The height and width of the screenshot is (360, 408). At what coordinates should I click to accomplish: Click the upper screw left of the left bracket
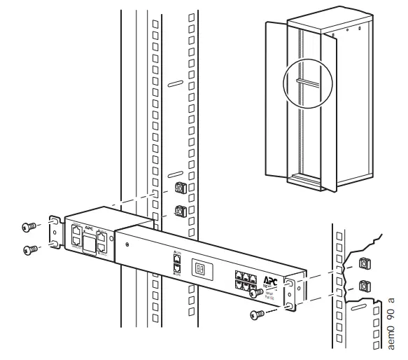coord(29,226)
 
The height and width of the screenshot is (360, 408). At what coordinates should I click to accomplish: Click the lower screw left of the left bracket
coord(29,249)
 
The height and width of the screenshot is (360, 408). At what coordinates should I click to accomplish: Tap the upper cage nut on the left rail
coord(178,188)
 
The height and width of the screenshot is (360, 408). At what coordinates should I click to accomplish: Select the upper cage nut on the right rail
coord(363,264)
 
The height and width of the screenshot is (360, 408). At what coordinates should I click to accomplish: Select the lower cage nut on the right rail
coord(363,286)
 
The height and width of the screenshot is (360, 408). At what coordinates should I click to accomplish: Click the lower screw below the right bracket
coord(257,317)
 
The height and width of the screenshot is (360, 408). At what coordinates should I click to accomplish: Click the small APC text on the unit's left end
coord(89,228)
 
